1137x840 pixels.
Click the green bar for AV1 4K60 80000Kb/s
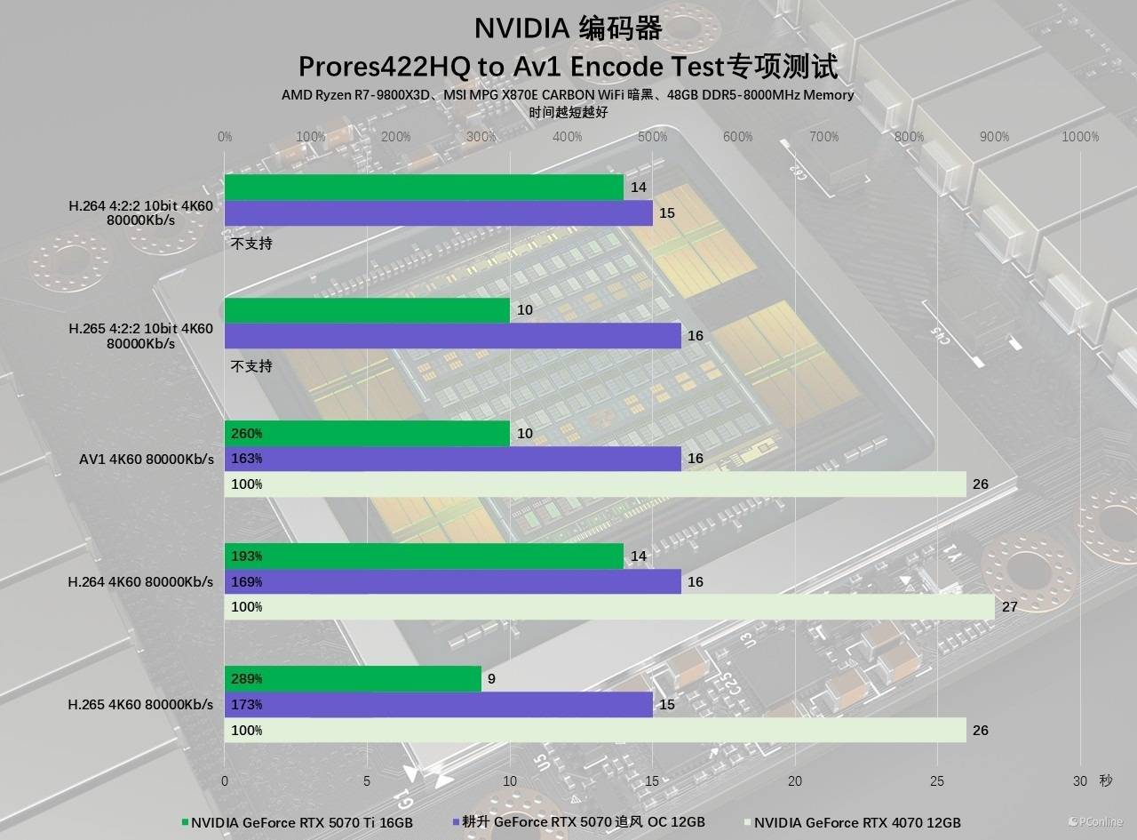(367, 434)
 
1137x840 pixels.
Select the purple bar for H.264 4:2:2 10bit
(438, 213)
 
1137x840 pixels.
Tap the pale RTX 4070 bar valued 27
(609, 607)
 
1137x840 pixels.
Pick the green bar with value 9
(353, 679)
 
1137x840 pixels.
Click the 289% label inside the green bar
(246, 679)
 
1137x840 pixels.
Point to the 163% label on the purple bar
(246, 460)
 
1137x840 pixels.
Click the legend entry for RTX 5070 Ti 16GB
(298, 822)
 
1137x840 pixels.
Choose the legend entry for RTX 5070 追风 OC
(578, 822)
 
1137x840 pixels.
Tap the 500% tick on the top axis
(652, 137)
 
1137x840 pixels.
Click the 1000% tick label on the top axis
(1080, 137)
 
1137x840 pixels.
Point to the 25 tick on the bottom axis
(937, 780)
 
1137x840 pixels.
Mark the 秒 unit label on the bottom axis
(1105, 780)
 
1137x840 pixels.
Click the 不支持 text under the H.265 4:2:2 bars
(251, 366)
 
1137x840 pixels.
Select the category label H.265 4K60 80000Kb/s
(140, 705)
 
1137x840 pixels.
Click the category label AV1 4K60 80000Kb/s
(147, 460)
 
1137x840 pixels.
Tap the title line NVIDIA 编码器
(568, 28)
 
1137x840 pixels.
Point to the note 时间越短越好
(568, 112)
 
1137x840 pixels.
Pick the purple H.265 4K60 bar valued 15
(438, 705)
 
